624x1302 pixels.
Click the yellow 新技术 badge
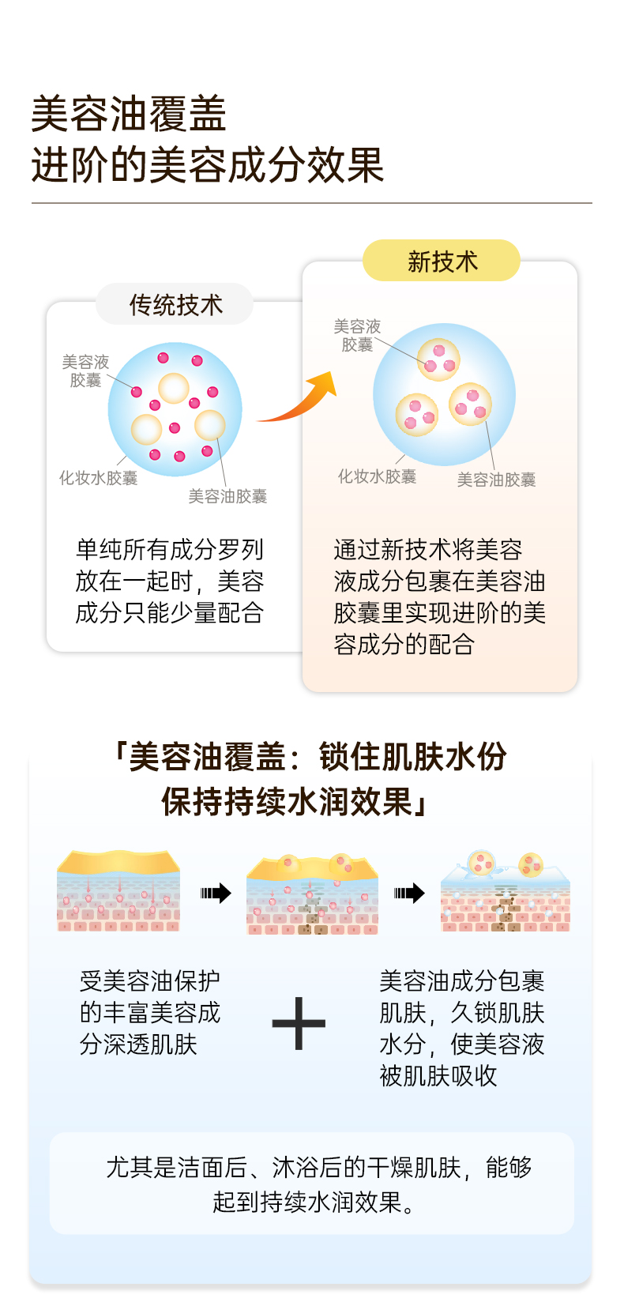[x=442, y=261]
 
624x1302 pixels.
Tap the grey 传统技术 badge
[x=175, y=304]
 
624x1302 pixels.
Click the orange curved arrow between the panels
[x=300, y=399]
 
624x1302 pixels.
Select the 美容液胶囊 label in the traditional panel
[x=85, y=371]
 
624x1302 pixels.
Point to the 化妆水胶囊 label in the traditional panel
[x=98, y=478]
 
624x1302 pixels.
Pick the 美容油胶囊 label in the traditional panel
[x=227, y=496]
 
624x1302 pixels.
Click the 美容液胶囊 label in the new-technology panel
[x=357, y=335]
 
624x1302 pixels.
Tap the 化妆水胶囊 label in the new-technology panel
[x=377, y=476]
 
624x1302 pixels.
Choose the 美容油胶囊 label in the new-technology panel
[x=496, y=480]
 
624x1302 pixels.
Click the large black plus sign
[x=299, y=1023]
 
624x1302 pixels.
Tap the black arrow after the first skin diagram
[x=216, y=894]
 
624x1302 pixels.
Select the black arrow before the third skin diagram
[x=409, y=894]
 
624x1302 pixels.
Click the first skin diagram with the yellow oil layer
[x=118, y=891]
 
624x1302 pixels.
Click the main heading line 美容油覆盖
[x=129, y=114]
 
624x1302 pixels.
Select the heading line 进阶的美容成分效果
[x=208, y=165]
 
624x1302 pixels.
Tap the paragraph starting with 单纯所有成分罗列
[x=169, y=581]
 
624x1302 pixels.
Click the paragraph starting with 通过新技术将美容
[x=439, y=596]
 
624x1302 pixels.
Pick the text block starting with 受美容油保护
[x=150, y=1012]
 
